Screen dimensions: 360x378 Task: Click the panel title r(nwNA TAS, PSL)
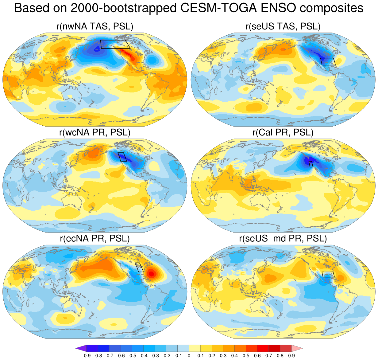tap(95, 27)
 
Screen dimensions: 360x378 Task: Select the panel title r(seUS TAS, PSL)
tap(283, 27)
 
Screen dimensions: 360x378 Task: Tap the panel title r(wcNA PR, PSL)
tap(95, 132)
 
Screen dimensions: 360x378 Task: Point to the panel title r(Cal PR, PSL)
tap(283, 132)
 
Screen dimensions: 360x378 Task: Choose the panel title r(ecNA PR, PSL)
tap(95, 238)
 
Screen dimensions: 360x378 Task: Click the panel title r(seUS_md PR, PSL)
tap(283, 238)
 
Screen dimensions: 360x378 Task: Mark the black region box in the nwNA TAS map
tap(115, 44)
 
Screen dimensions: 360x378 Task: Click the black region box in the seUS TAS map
tap(328, 61)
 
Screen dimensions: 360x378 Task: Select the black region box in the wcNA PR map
tap(122, 157)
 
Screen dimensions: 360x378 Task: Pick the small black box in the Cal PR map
tap(311, 164)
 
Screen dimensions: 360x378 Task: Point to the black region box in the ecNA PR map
tap(139, 267)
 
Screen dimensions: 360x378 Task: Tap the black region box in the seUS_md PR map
tap(328, 275)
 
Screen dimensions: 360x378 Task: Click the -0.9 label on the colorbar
tap(86, 356)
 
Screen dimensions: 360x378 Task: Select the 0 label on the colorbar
tap(189, 356)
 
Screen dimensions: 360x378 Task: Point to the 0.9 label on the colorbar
tap(291, 356)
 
